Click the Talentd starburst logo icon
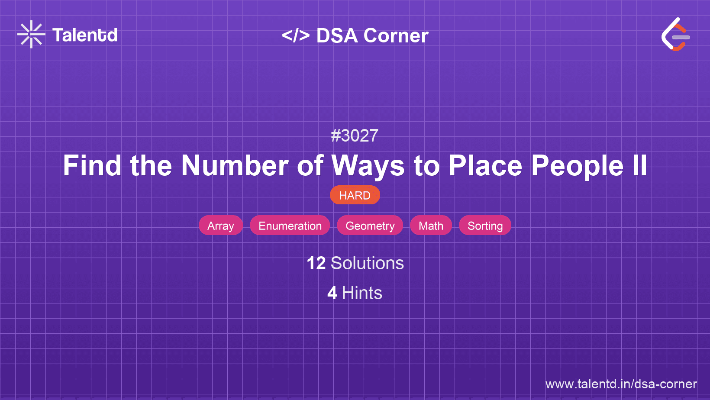point(31,34)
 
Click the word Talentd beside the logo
point(85,35)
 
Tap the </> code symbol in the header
point(296,35)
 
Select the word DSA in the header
point(337,35)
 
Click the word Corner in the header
point(396,35)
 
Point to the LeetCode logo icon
point(675,34)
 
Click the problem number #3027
point(355,135)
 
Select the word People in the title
point(577,166)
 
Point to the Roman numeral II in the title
point(639,166)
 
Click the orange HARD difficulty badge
point(355,195)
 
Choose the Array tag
point(221,226)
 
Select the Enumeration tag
point(290,226)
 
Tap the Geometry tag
point(370,226)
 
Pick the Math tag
point(431,226)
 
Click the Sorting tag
point(485,226)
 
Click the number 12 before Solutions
point(316,263)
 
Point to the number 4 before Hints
point(332,293)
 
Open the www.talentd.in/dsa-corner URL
point(621,384)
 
